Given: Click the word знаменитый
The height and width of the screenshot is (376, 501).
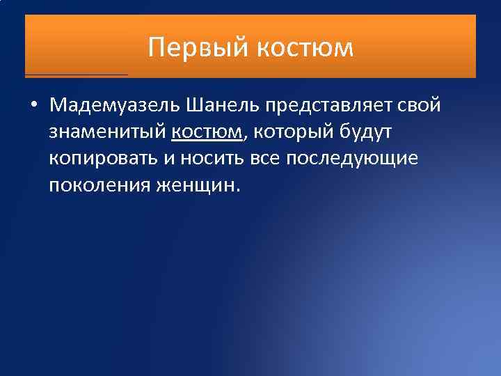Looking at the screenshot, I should point(107,132).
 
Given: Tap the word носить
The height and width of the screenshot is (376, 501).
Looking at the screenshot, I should point(212,158).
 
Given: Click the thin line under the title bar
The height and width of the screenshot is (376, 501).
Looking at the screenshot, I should point(77,74).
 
